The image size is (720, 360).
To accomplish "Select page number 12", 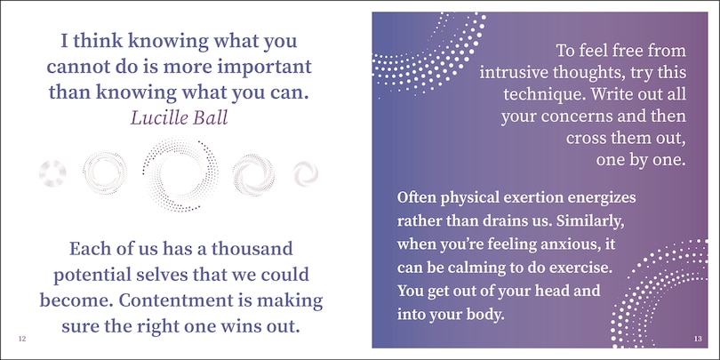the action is (22, 340).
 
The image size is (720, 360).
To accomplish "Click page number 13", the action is (698, 340).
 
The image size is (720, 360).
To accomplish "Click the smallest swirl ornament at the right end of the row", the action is (306, 174).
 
